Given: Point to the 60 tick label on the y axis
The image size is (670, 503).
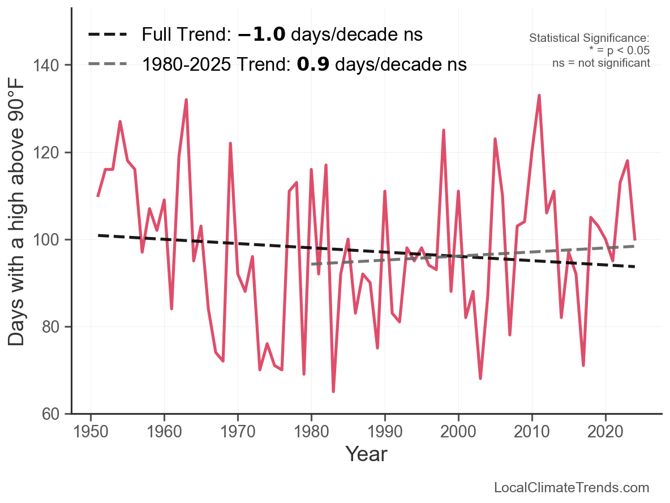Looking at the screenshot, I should (x=51, y=414).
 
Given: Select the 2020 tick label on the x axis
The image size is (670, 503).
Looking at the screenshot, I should (x=605, y=432).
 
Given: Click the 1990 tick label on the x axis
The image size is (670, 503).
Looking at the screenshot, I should (x=385, y=432).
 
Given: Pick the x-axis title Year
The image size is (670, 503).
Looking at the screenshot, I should (x=366, y=454).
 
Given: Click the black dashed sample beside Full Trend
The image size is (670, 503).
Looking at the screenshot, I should (x=107, y=35).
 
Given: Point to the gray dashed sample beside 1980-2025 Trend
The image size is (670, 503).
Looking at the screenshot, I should (x=107, y=65).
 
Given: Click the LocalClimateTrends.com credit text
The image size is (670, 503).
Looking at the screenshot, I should (x=572, y=488).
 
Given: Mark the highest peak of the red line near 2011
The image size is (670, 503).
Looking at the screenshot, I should (x=539, y=96).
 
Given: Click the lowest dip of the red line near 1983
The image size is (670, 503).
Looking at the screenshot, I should (x=333, y=391).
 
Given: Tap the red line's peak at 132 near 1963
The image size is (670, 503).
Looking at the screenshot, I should (x=186, y=100).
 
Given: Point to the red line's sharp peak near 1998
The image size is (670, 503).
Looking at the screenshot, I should (x=444, y=131).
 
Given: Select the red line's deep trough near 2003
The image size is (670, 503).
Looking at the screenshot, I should (x=480, y=378).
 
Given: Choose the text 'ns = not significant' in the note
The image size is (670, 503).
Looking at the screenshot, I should (x=601, y=63).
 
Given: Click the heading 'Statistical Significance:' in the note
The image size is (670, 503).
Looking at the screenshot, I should (x=589, y=38).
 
